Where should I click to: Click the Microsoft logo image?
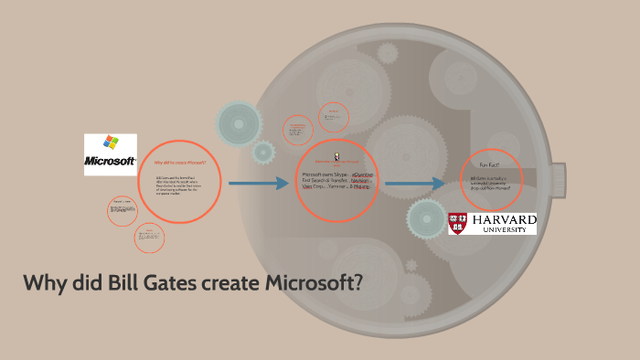coord(111,154)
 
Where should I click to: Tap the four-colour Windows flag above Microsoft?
coord(111,143)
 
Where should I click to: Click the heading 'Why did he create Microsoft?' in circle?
coord(180,162)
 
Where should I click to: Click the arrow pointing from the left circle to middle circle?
coord(258,185)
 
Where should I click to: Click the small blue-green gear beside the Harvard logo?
coord(425,218)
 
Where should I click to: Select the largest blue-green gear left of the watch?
coord(240,123)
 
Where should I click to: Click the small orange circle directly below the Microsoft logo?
coord(122,209)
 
